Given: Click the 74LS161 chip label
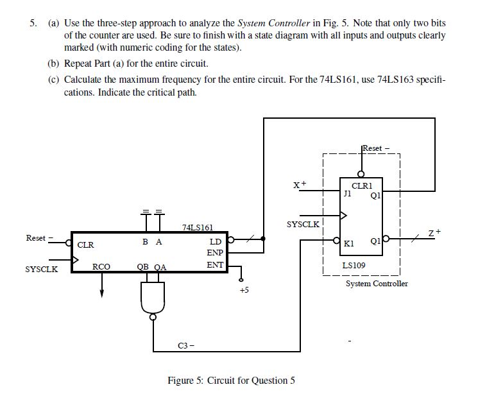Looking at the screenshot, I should click(197, 227).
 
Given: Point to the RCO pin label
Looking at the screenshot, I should click(101, 266).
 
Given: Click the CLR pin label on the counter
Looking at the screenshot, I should click(86, 245).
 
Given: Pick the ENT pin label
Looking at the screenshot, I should click(214, 264).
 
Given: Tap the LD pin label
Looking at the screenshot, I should click(216, 242).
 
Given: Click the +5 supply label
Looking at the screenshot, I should click(243, 291).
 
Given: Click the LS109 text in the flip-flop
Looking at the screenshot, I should click(355, 264).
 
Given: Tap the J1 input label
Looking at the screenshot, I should click(347, 192).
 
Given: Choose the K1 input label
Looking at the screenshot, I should click(349, 244).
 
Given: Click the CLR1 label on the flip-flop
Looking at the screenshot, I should click(362, 185).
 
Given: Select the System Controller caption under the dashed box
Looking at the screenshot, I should click(377, 283).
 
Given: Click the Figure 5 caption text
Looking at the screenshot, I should click(231, 380).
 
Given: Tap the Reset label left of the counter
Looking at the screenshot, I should click(37, 238).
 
